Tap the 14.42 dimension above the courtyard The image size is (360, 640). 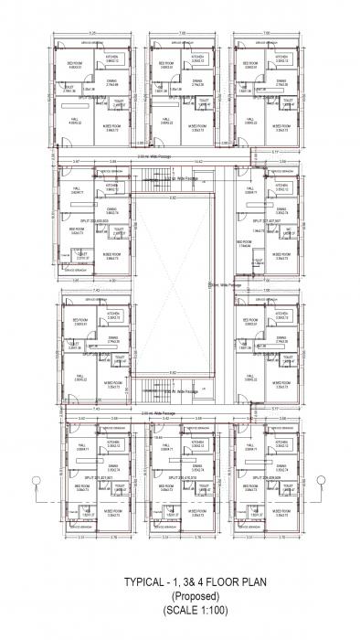pos(173,161)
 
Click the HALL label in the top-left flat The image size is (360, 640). pos(75,119)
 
